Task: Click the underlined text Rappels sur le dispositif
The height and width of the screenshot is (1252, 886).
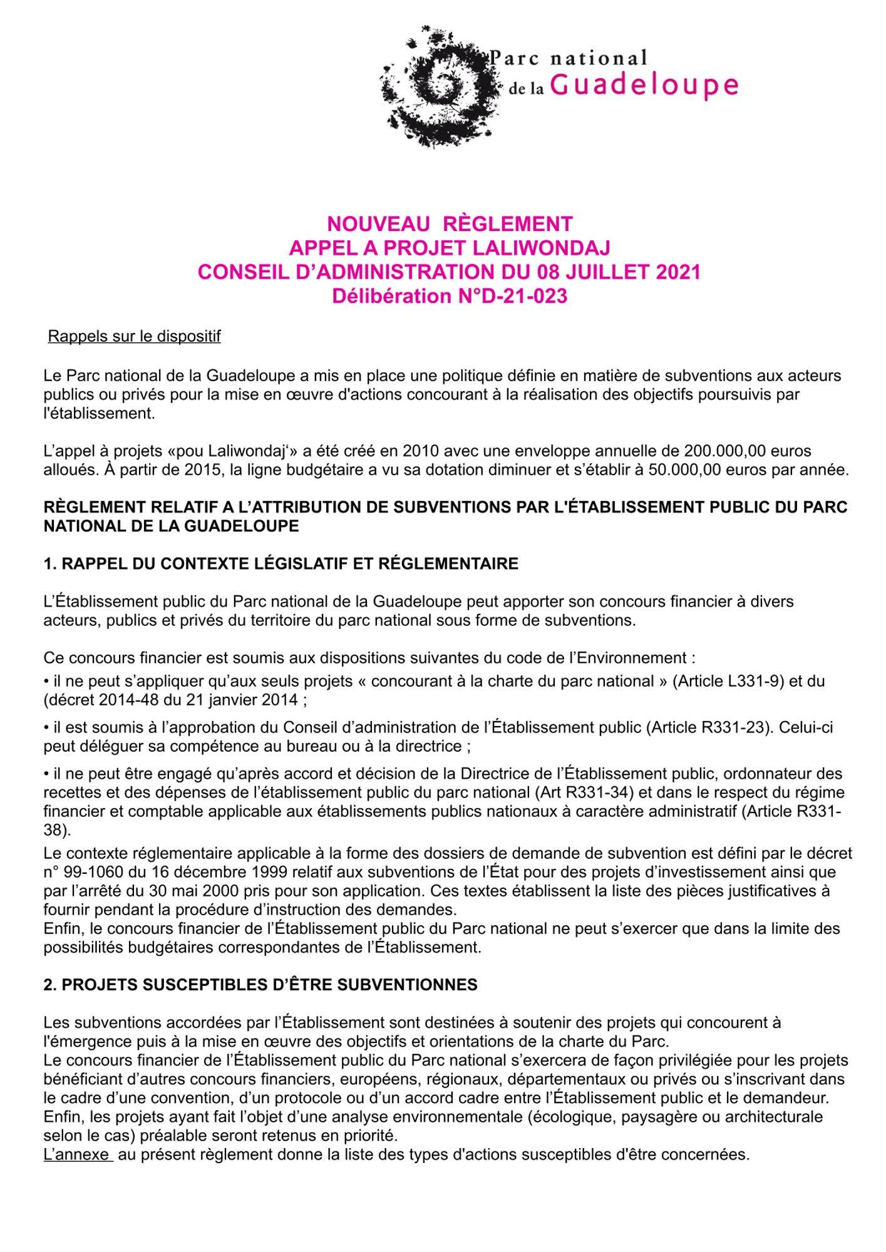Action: (x=134, y=336)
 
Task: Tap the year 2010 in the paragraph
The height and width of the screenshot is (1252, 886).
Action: (x=421, y=451)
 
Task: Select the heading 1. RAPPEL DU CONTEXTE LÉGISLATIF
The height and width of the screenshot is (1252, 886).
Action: (x=281, y=563)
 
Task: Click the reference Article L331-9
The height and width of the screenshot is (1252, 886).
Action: (x=728, y=681)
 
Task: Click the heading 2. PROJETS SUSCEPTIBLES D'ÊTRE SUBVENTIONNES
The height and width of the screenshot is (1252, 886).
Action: (x=260, y=985)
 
